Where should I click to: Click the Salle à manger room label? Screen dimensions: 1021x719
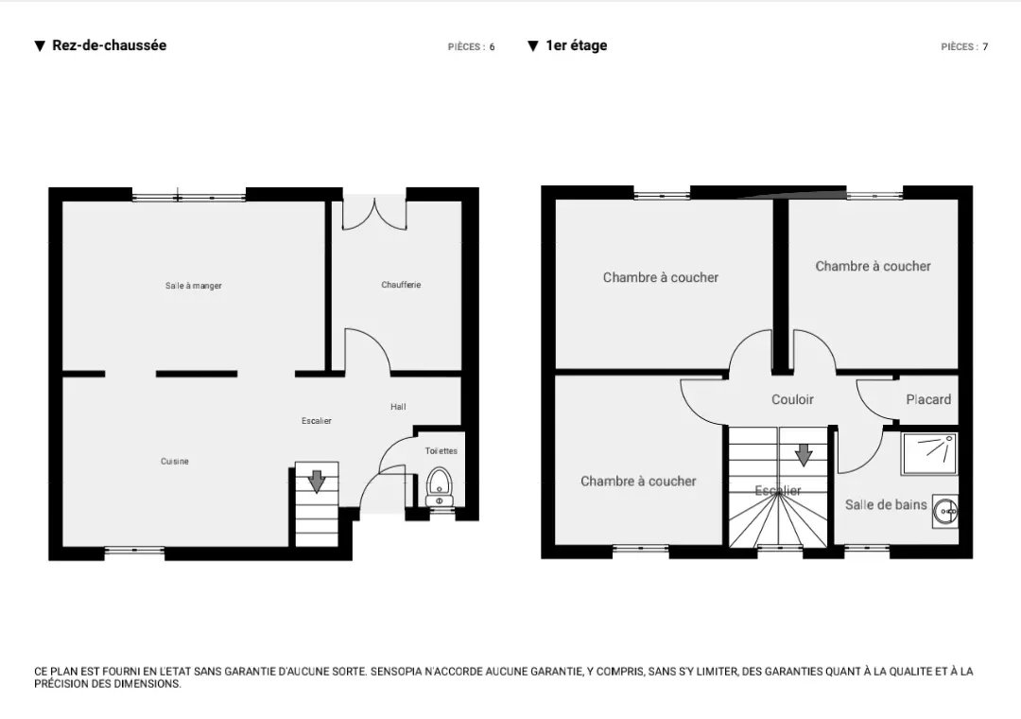(x=194, y=286)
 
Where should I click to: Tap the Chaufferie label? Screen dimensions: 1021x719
(x=401, y=285)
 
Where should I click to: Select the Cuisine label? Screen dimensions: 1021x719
(x=175, y=462)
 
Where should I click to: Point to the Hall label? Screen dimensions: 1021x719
(x=399, y=407)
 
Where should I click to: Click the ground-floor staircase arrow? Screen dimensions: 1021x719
(x=317, y=482)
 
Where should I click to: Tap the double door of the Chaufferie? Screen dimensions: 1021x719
(x=375, y=214)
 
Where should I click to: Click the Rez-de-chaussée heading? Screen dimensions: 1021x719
(x=110, y=45)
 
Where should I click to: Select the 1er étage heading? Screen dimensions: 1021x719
(x=577, y=45)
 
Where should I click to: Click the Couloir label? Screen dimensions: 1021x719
(x=792, y=399)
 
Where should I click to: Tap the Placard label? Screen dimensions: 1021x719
(x=928, y=399)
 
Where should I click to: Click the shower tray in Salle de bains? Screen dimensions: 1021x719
(x=929, y=454)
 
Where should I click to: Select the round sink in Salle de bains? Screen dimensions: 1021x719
(x=944, y=512)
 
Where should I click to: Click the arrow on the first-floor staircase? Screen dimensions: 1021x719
(x=804, y=455)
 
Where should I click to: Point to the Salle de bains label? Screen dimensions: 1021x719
(x=886, y=504)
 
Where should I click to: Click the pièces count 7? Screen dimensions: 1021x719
(x=986, y=47)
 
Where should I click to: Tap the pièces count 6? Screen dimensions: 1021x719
(x=493, y=47)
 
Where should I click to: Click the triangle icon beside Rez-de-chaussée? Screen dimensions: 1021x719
(x=40, y=45)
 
